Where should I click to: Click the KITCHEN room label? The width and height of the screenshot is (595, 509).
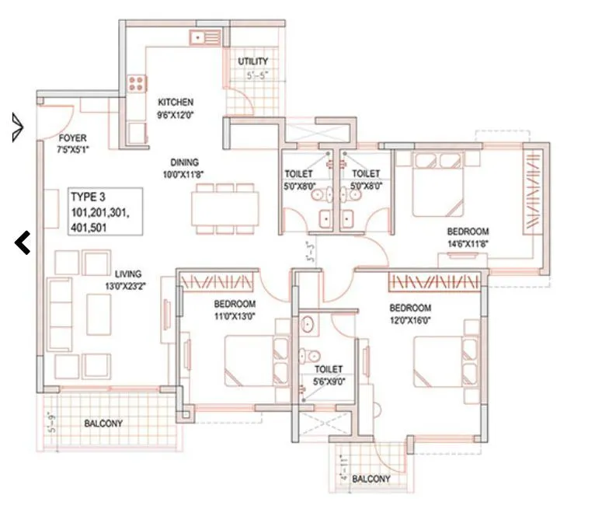(x=176, y=103)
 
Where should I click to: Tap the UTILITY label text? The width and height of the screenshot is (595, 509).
(x=253, y=61)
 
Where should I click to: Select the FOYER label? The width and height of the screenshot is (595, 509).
(x=72, y=138)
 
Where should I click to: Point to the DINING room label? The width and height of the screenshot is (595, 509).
(x=186, y=163)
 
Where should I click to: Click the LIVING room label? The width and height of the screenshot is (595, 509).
(x=128, y=274)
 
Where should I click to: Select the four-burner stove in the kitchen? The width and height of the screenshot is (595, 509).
(x=137, y=83)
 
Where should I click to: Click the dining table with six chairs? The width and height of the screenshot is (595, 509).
(x=226, y=208)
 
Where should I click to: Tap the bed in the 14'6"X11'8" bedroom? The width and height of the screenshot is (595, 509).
(x=439, y=184)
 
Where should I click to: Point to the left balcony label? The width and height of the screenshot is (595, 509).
(x=103, y=424)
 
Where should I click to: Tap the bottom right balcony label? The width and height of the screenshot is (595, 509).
(x=371, y=479)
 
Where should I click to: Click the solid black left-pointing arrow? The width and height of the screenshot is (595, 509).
(x=23, y=243)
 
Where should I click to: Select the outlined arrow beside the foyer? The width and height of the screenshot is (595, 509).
(x=18, y=127)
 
